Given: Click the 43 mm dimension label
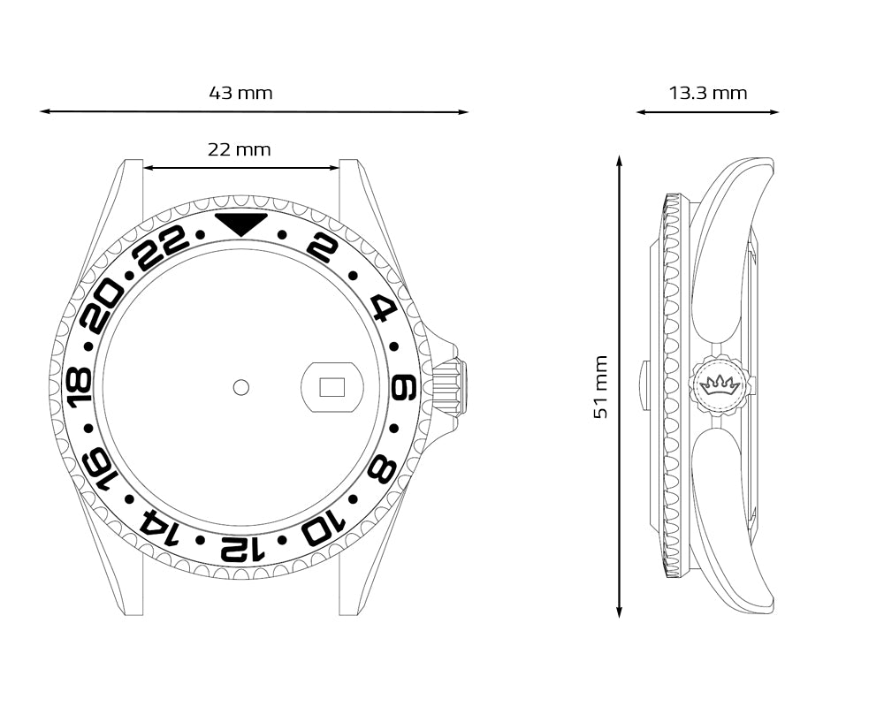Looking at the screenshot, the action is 240,93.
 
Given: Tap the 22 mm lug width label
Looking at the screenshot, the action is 239,149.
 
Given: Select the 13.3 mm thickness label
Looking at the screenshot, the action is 708,93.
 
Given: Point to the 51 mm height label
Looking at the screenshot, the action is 601,387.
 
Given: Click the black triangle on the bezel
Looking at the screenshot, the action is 241,224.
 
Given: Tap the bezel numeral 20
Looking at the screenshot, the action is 102,307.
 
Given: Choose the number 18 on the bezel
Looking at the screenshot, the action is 80,387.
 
